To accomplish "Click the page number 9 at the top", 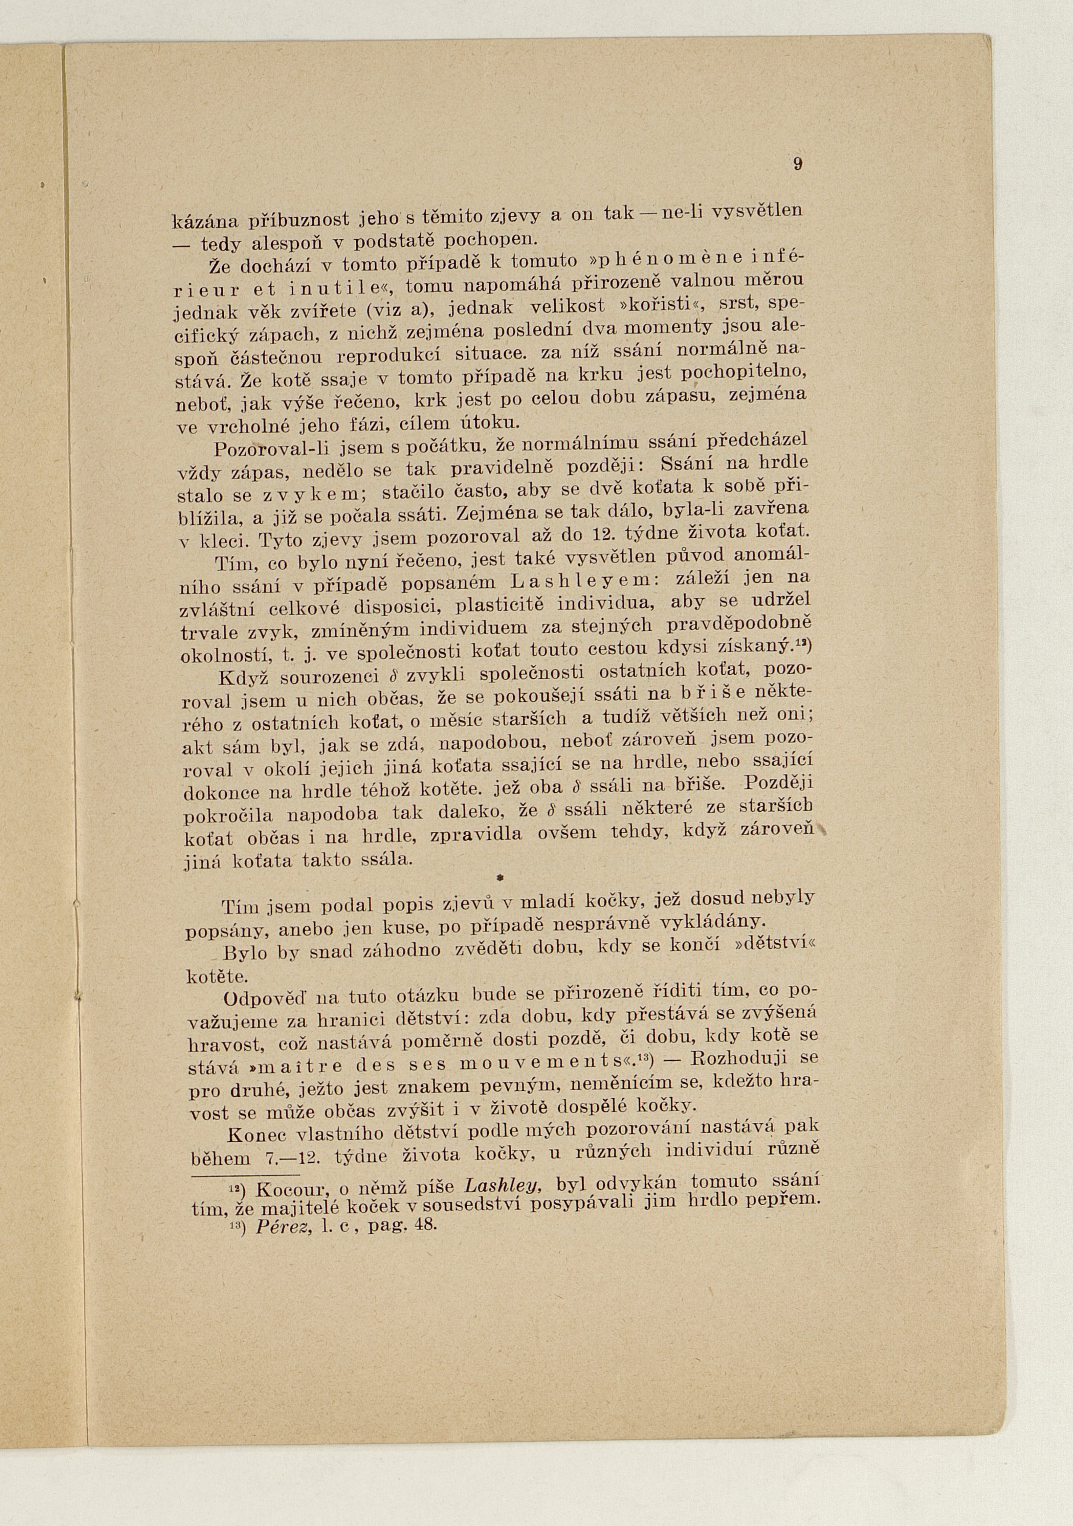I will coord(797,165).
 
